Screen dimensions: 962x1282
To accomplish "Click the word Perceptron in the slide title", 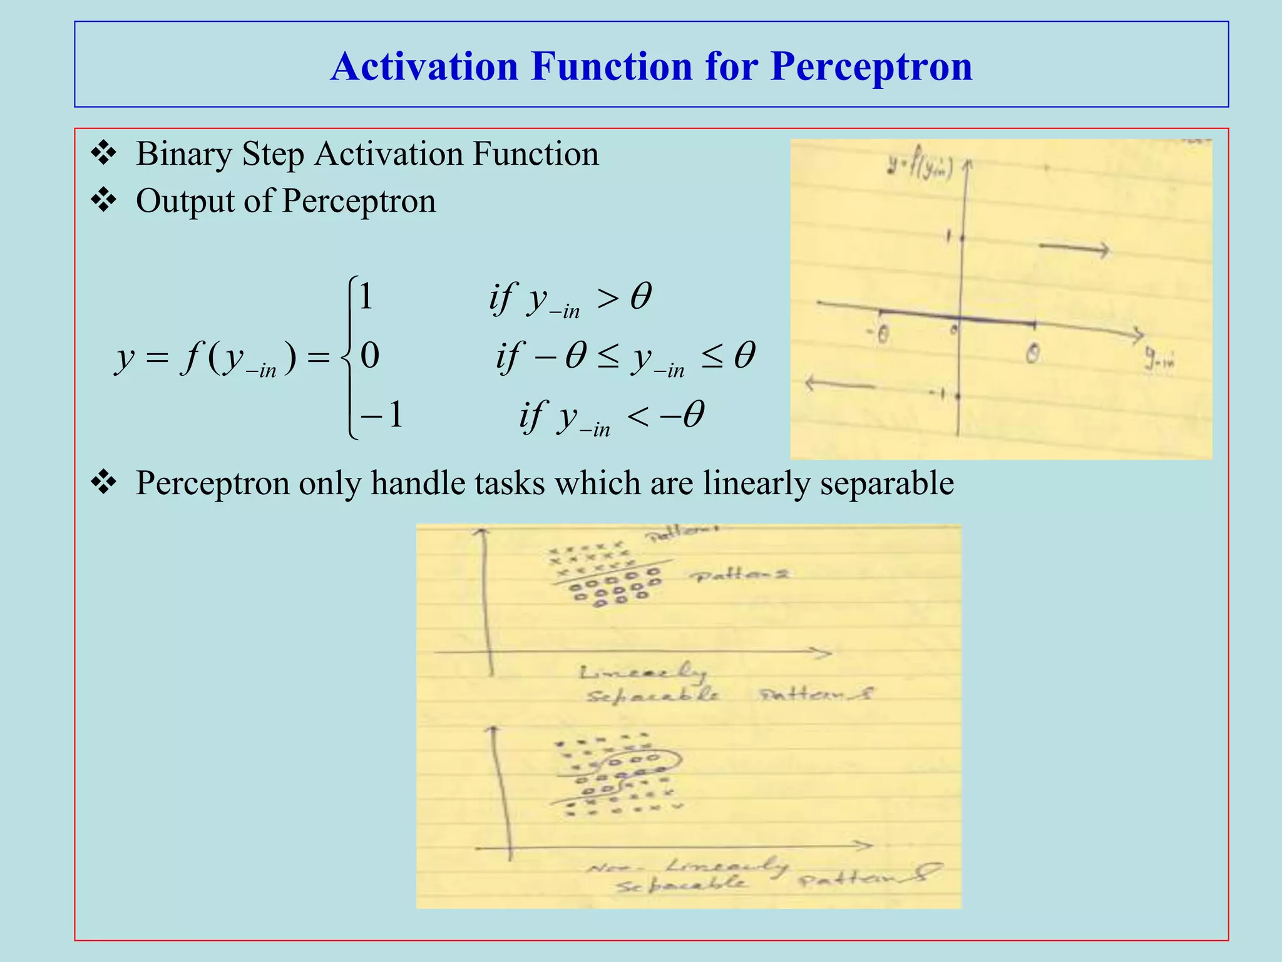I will coord(871,66).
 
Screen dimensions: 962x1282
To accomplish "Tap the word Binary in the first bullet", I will coord(183,154).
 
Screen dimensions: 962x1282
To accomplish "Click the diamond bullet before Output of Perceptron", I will coord(103,200).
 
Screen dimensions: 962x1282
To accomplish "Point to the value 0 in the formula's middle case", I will coord(369,356).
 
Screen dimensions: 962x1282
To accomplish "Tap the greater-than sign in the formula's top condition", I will coord(607,299).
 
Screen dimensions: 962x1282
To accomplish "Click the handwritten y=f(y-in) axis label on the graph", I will coord(920,168).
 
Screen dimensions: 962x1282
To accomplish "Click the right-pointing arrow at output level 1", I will coord(1074,249).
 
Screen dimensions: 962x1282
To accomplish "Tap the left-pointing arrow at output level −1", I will coord(839,383).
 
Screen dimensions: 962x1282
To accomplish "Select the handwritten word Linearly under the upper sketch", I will coord(642,673).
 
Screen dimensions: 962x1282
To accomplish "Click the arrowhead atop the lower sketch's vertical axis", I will coord(494,730).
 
